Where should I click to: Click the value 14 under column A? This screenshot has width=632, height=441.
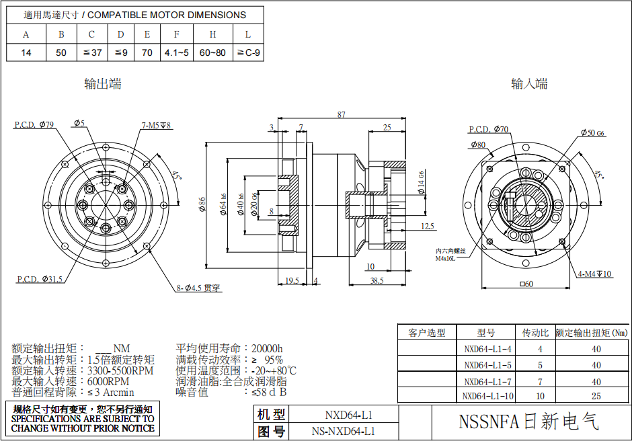(x=26, y=52)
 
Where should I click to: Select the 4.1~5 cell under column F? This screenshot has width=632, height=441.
(x=177, y=52)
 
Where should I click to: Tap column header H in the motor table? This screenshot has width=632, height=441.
(x=212, y=34)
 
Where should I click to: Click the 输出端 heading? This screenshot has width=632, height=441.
(x=102, y=84)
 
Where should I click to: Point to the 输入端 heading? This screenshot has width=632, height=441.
(x=529, y=84)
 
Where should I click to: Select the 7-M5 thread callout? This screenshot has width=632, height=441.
(x=157, y=126)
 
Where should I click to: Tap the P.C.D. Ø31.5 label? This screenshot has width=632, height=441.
(x=40, y=278)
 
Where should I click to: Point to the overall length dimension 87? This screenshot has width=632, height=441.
(x=342, y=115)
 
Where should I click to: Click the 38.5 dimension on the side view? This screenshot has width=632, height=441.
(x=377, y=280)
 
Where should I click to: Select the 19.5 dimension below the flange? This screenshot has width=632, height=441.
(x=292, y=280)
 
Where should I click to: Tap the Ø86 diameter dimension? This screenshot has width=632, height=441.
(x=202, y=203)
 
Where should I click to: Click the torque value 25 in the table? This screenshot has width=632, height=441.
(x=596, y=397)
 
